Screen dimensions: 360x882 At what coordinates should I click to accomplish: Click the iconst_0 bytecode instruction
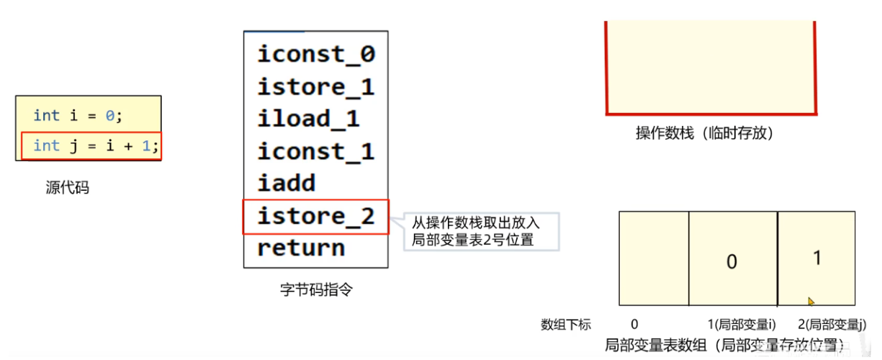coord(316,55)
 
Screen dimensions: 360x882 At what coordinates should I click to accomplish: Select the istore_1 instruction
coord(316,87)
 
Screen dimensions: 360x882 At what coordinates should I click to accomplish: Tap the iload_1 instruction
coord(308,119)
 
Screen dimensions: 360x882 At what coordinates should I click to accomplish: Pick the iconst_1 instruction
coord(316,151)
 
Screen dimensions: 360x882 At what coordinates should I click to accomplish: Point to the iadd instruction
coord(287,184)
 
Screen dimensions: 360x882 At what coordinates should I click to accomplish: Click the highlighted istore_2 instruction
coord(316,216)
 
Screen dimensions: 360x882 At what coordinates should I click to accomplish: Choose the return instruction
coord(301,248)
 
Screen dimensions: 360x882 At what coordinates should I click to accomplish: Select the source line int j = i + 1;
coord(95,145)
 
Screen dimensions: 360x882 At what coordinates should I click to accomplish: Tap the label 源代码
coord(67,189)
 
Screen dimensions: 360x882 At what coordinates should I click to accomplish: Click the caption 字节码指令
coord(316,290)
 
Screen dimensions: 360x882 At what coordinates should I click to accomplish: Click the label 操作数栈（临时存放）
coord(704,133)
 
